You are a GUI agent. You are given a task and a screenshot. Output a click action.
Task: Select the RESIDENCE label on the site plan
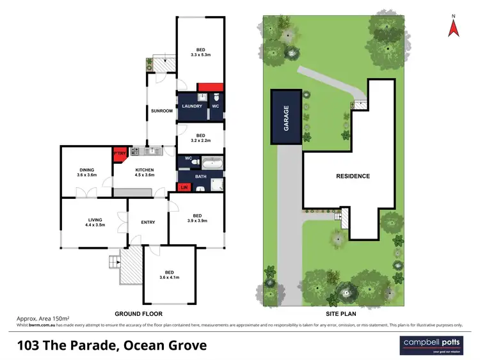point(353,176)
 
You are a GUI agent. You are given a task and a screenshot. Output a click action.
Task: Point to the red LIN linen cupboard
point(184,187)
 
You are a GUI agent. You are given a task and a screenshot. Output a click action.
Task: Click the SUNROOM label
point(161,111)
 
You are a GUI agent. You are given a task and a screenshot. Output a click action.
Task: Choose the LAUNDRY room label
point(192,106)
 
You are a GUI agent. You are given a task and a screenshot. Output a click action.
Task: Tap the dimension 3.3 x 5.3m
point(200,55)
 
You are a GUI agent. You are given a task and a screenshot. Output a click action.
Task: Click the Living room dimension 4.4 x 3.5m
point(95,224)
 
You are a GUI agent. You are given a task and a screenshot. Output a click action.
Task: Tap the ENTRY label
point(148,223)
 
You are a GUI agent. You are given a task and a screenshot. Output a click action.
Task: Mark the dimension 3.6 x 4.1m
point(169,277)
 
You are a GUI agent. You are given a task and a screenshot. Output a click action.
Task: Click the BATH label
point(200,176)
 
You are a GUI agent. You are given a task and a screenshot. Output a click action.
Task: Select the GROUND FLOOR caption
point(138,314)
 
